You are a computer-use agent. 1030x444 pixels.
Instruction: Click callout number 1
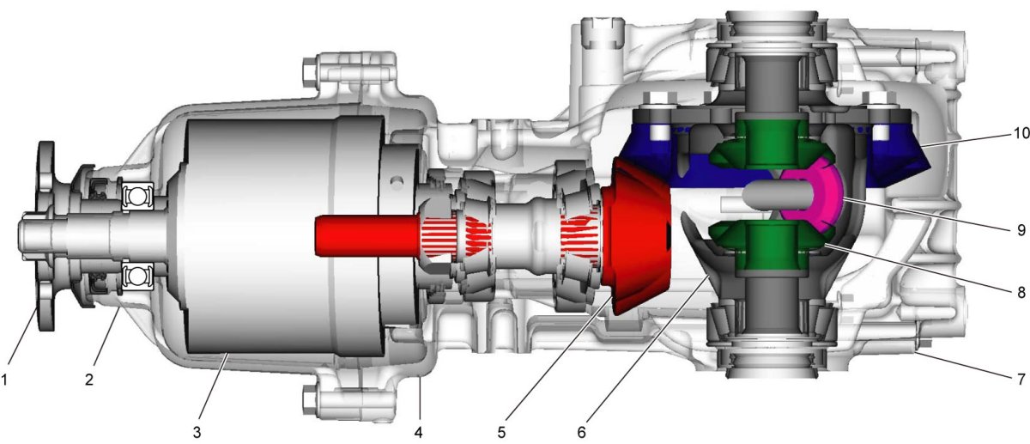(4, 380)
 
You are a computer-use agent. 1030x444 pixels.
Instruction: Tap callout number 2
(89, 380)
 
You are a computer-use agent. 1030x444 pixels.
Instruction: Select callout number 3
(197, 433)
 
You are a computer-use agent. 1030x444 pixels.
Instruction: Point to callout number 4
(419, 433)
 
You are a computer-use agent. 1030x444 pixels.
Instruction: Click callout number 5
(501, 433)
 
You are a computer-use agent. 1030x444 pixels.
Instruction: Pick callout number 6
(582, 433)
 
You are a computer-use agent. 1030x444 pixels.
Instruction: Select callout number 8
(1021, 292)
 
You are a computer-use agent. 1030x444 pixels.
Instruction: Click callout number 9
(1021, 229)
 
